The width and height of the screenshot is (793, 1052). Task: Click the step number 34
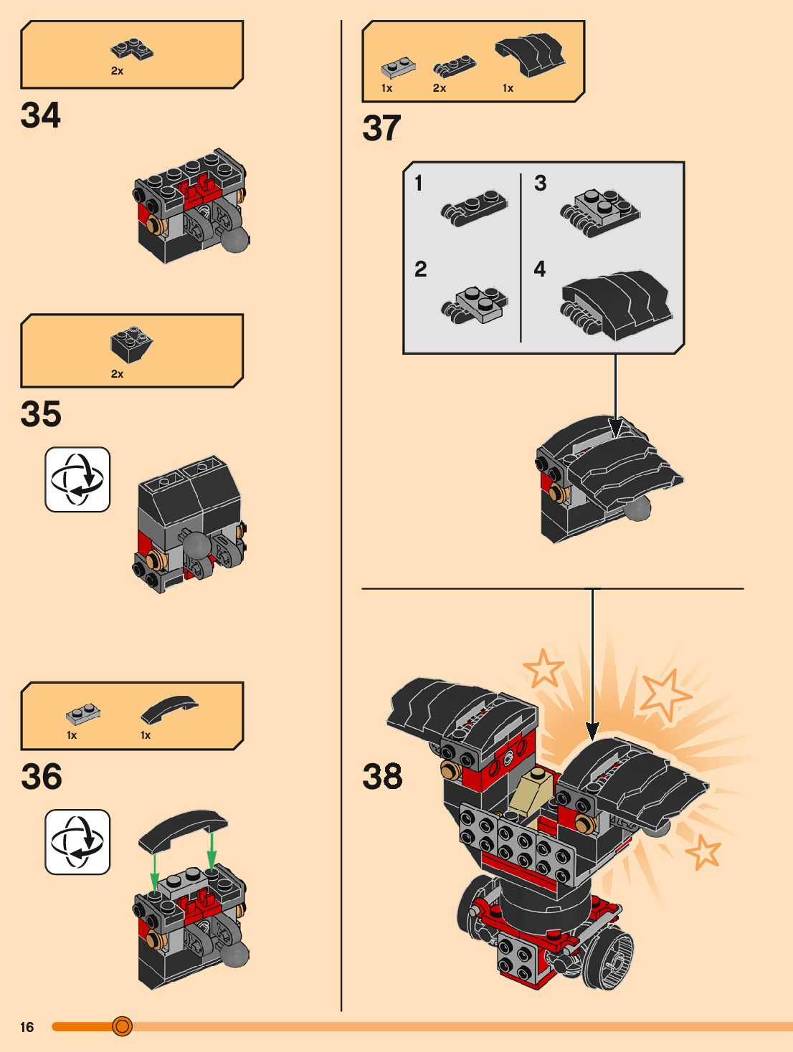[41, 116]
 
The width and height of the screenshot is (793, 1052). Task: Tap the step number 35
[41, 414]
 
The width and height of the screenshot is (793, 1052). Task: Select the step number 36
[42, 777]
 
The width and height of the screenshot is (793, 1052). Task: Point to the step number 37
[381, 129]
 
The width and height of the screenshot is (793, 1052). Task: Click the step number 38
[382, 777]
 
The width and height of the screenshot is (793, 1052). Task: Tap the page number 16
[27, 1027]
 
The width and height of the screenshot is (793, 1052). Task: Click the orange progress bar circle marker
[123, 1027]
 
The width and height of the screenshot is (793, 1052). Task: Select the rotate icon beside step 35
[77, 479]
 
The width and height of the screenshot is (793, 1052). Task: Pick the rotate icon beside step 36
[77, 842]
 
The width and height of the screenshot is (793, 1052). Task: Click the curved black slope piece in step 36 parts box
[168, 709]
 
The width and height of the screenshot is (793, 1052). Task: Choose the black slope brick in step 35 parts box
[131, 344]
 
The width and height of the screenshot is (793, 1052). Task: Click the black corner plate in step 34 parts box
[132, 49]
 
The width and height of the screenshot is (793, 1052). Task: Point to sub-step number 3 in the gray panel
[540, 183]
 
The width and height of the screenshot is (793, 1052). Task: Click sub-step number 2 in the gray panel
[420, 269]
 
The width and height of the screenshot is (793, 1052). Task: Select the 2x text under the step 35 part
[117, 374]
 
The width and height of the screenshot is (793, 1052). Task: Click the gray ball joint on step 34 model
[234, 240]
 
